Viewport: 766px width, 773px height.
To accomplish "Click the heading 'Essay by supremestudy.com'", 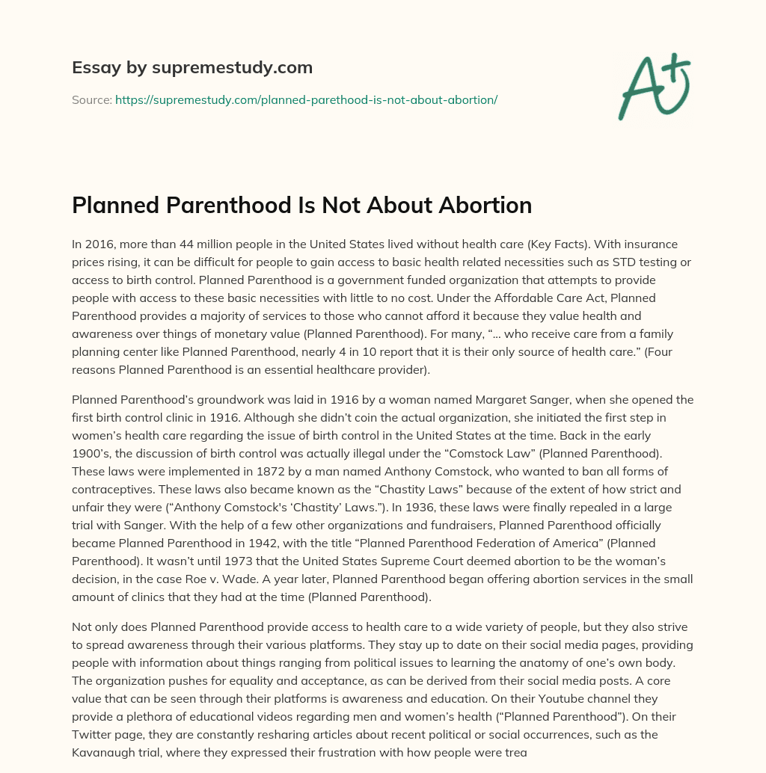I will pos(192,68).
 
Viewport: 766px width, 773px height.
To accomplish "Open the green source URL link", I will pos(306,99).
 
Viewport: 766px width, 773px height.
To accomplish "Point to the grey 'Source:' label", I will pos(91,99).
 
